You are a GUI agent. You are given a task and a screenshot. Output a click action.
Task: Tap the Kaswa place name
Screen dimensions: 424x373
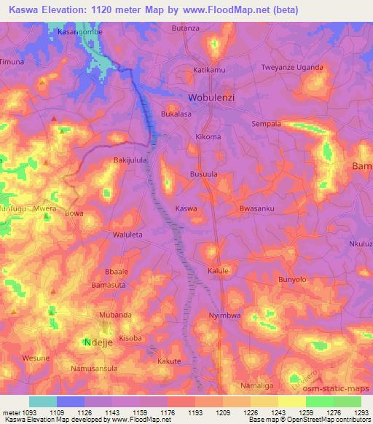pyautogui.click(x=186, y=208)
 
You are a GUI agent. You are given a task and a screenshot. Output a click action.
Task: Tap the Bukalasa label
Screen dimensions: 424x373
pyautogui.click(x=176, y=114)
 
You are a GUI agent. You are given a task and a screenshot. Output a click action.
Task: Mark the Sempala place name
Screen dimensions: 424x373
pyautogui.click(x=266, y=124)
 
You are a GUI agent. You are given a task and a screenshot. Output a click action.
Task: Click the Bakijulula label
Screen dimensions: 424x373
pyautogui.click(x=130, y=159)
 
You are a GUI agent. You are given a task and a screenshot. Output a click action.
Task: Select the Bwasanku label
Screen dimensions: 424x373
pyautogui.click(x=256, y=208)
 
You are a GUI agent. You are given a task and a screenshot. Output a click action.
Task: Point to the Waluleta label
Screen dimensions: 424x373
pyautogui.click(x=130, y=235)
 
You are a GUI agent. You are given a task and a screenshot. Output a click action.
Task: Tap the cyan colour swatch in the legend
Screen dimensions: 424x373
pyautogui.click(x=43, y=401)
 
